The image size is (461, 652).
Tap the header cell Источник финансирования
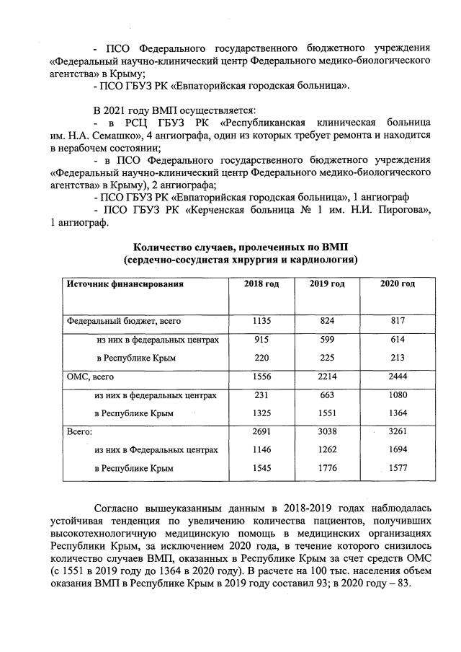tap(125, 284)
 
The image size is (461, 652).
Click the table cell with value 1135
tap(262, 320)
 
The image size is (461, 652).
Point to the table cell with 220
tap(262, 357)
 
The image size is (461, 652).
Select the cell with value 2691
tap(262, 431)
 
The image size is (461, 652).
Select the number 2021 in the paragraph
tap(115, 110)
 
